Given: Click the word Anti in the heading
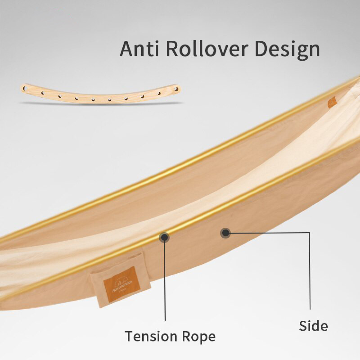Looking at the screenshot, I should coord(139,49).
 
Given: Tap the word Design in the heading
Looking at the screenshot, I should coord(287,49).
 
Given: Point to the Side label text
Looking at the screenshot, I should coord(313,326).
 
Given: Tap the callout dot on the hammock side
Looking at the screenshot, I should coord(225,233).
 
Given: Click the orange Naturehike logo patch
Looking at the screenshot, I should coord(122,284).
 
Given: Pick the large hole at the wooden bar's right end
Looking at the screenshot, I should coord(177,89).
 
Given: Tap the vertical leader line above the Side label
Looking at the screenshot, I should coord(309,270).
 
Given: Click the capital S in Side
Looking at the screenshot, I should coord(303,326).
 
